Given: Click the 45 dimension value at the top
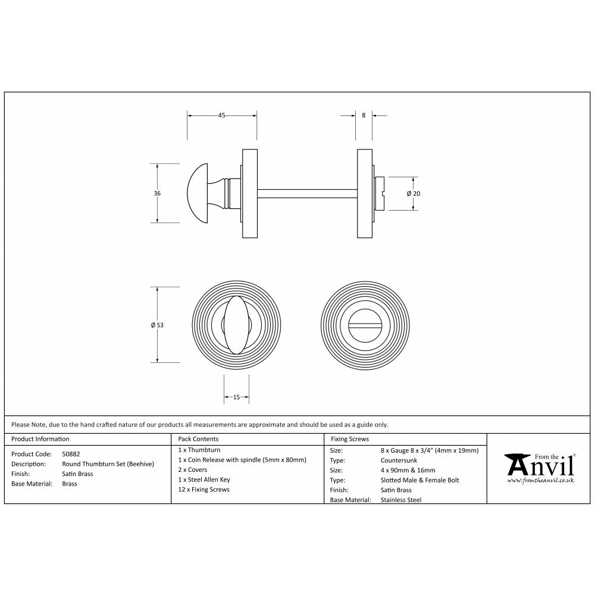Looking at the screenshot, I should point(221,115).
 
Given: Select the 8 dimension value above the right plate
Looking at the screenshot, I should point(364,115).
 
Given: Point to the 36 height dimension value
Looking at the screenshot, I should point(156,193).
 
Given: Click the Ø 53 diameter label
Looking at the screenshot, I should point(157,325).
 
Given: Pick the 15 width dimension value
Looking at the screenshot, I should point(236,397).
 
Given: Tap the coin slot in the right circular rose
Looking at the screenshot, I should point(364,325).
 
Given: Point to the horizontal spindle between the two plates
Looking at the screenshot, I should point(306,193).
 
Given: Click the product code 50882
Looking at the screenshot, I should point(71,453).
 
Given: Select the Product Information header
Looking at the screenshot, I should point(40,439).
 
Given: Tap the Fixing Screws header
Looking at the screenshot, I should point(349,439).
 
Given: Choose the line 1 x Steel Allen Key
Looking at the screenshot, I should point(204,480).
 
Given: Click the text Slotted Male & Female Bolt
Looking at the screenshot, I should point(419,480).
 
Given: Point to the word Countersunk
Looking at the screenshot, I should point(399,461).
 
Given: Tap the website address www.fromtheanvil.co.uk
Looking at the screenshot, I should point(540,480).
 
